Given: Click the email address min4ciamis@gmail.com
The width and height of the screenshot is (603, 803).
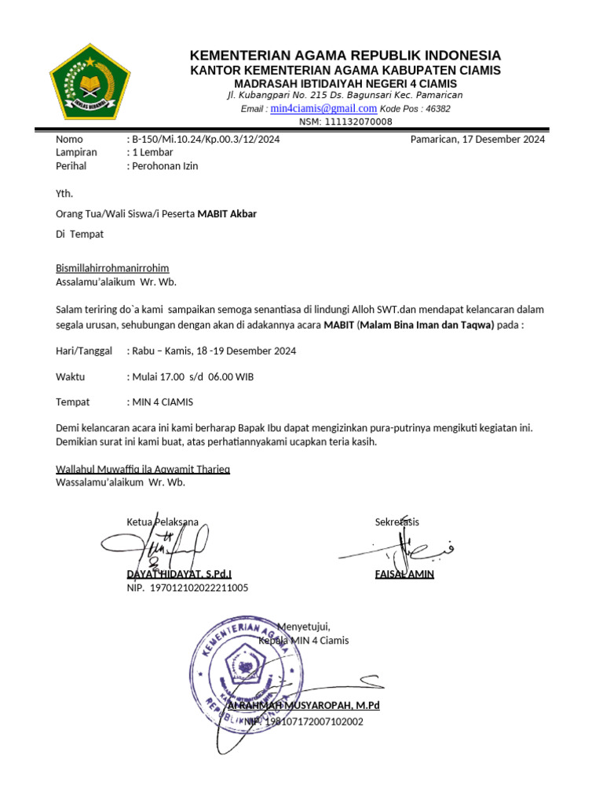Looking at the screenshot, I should tap(323, 108).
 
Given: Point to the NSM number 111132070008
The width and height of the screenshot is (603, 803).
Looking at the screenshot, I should tap(345, 122).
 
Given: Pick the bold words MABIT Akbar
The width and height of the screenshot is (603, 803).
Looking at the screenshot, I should tap(227, 213).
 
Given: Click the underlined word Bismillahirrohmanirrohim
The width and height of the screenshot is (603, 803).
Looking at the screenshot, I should tap(112, 268).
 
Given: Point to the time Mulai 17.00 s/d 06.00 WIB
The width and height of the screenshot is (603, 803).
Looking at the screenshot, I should tap(192, 376).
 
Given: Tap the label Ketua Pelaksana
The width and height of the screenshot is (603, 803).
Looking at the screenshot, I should tap(163, 521).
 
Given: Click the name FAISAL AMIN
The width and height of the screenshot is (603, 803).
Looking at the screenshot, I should tap(404, 574).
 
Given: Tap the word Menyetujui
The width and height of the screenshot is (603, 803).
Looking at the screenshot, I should tap(303, 627).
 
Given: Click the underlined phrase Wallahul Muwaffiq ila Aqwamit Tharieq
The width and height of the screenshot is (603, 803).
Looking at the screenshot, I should tap(143, 469).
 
